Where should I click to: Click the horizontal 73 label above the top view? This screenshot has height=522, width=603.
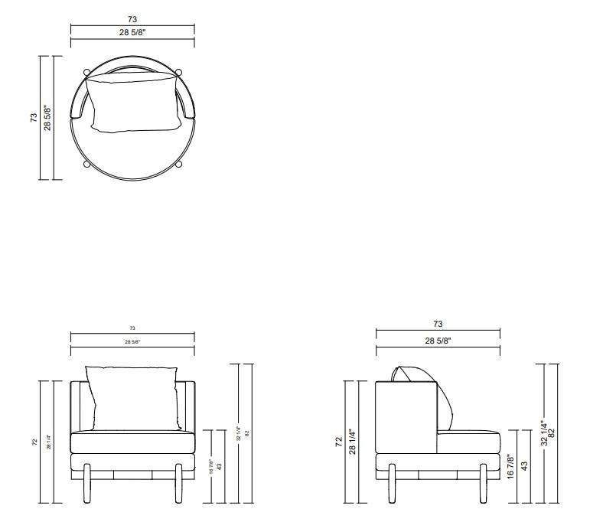point(132,19)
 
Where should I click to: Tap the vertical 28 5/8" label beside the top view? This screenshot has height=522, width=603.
point(47,118)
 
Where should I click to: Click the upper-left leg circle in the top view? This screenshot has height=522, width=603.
point(86,73)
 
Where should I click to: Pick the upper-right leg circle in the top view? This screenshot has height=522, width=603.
point(178,73)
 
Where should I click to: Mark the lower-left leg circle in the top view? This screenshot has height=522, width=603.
point(86,164)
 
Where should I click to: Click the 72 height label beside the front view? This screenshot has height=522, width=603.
point(34,442)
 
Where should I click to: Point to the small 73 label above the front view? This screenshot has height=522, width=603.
point(132,328)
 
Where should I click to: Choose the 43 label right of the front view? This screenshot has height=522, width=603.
point(220,466)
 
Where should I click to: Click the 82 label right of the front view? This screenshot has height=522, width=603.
point(247,433)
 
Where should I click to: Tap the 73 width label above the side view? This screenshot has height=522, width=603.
point(438,325)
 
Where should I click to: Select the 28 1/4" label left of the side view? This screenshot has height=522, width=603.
point(353,442)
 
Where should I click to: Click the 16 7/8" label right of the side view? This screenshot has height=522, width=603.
point(510,466)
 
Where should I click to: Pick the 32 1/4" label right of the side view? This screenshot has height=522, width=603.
point(543,433)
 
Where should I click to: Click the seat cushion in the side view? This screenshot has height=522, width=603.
point(468,442)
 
